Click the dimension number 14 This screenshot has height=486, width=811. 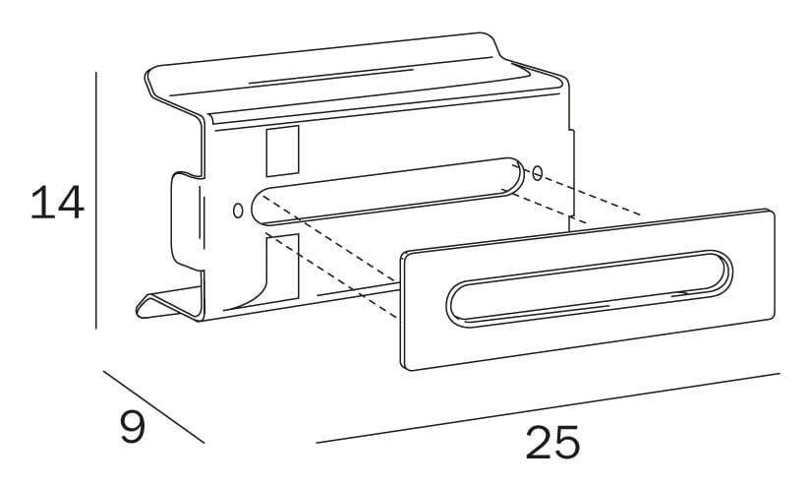tap(57, 202)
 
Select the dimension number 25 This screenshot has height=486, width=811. tap(552, 443)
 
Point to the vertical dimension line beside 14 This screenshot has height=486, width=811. tap(96, 201)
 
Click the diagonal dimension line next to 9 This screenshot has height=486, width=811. tap(153, 407)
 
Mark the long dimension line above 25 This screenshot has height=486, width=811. tap(548, 408)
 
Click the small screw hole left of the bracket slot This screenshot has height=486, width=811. tap(238, 211)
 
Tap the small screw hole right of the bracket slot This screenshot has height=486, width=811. tap(538, 173)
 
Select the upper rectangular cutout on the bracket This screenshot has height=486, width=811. tap(282, 151)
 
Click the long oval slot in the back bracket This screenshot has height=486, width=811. tap(388, 192)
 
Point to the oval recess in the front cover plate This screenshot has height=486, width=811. tap(590, 289)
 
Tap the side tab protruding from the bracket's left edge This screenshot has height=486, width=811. tap(186, 221)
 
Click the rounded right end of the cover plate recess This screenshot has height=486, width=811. tap(718, 271)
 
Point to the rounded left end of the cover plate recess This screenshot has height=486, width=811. tap(460, 306)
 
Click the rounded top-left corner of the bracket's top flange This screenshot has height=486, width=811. tap(152, 75)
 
